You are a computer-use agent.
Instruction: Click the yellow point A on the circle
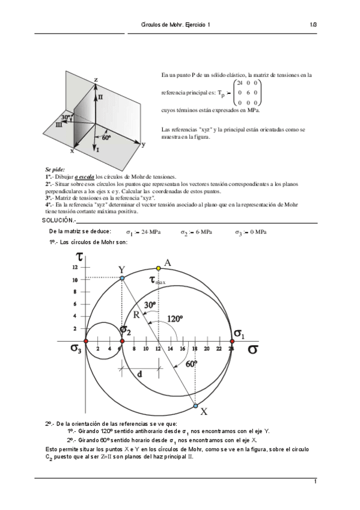click(158, 268)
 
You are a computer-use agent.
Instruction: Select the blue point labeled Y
click(122, 278)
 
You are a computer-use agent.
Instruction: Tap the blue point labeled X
click(195, 406)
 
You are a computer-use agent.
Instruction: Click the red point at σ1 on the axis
click(232, 342)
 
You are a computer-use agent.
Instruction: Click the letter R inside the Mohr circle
click(136, 314)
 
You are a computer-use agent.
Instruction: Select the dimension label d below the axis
click(139, 374)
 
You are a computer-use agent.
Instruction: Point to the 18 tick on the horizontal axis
click(195, 349)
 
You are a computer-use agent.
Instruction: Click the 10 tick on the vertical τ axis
click(75, 280)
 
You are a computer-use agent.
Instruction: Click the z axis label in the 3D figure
click(96, 79)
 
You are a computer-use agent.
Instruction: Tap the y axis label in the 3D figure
click(143, 144)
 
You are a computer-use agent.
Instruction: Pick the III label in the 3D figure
click(58, 124)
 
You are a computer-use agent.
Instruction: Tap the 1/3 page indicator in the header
click(313, 25)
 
